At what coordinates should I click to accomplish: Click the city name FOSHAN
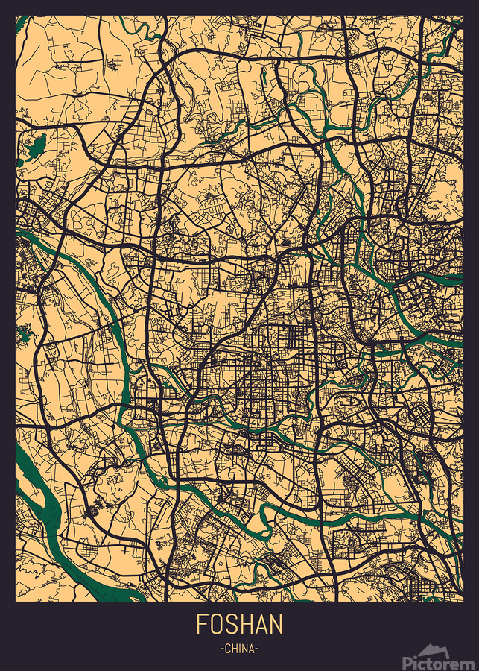point(239,624)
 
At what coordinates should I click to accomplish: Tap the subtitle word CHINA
point(239,649)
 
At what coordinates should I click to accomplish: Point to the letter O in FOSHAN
point(218,624)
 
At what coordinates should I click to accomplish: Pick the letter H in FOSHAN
point(247,624)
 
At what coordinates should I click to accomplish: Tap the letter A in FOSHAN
point(261,624)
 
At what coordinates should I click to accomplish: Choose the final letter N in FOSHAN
point(276,624)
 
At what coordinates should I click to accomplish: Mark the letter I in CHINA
point(240,649)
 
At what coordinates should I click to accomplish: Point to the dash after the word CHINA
point(257,649)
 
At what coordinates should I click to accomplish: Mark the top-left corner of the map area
point(16,15)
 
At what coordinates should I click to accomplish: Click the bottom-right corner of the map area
point(463,602)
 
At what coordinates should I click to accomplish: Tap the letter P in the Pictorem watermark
point(407,661)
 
